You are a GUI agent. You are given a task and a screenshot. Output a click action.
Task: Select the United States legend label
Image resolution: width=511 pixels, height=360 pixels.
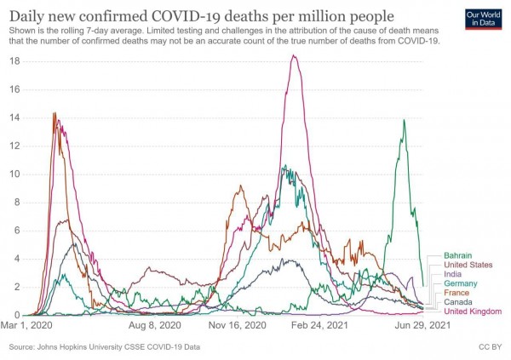(469, 265)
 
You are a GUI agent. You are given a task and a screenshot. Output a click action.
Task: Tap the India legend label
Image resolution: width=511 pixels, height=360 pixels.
(453, 274)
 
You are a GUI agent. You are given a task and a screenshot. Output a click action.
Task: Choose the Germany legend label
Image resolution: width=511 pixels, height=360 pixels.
(460, 283)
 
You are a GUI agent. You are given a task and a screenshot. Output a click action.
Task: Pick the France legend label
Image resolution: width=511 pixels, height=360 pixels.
(457, 293)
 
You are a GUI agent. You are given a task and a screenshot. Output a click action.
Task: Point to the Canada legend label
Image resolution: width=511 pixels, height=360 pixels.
(459, 302)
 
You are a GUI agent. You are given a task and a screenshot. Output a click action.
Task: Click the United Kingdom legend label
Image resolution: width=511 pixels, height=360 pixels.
(473, 312)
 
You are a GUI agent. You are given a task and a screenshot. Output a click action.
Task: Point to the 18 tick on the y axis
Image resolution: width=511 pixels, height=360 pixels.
(14, 61)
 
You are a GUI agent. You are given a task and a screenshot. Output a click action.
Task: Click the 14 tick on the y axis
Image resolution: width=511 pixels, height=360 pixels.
(14, 117)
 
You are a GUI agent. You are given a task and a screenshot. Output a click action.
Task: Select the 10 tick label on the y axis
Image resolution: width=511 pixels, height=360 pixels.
(14, 174)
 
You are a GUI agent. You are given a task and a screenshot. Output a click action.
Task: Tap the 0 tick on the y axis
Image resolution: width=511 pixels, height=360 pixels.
(17, 316)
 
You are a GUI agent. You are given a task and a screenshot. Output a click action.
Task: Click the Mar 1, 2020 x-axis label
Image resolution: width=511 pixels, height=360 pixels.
(30, 325)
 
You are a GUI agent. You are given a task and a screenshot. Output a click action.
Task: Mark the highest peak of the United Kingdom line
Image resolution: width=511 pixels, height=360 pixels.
(293, 56)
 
